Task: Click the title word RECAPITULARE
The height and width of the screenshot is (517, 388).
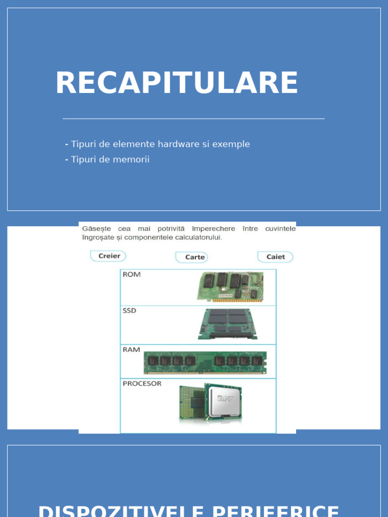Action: coord(176,83)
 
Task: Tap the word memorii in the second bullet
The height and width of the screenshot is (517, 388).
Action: coord(133,160)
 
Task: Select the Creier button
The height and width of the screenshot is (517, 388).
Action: coord(109,256)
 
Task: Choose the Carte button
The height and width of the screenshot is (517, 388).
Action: coord(192,257)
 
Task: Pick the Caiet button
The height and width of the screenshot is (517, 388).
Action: coord(275,256)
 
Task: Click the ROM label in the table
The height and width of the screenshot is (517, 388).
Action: coord(132,275)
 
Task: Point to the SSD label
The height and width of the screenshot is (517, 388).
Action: coord(130,311)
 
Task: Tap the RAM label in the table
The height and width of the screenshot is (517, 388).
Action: coord(131,349)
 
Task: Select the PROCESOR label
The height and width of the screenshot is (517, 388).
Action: coord(142,384)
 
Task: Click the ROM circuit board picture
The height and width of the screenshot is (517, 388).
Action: coord(230,286)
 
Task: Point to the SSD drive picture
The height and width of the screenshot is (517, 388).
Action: coord(227,324)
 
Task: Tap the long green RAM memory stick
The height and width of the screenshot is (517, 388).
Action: coord(205,362)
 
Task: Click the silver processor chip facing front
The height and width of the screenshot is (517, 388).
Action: coord(222,402)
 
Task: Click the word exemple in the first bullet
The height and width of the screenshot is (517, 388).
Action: coord(231,144)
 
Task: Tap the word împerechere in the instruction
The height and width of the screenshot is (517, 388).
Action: coord(213,229)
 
